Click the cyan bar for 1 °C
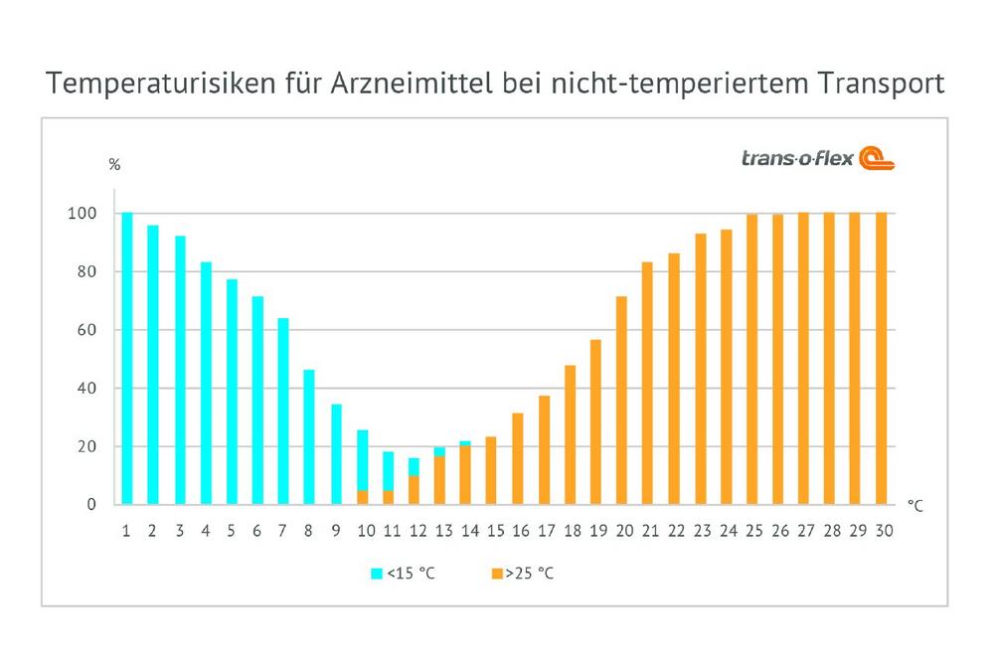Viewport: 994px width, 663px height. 126,358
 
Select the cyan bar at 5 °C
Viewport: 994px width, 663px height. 232,392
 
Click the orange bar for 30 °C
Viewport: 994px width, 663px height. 881,358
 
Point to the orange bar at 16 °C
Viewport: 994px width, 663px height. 517,458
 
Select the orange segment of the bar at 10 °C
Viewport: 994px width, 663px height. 362,497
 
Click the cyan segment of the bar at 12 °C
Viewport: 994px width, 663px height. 414,466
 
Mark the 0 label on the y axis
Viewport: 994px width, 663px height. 90,504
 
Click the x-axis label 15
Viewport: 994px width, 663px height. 491,531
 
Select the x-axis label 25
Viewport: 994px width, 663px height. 750,531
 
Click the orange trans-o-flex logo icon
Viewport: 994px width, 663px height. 876,159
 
